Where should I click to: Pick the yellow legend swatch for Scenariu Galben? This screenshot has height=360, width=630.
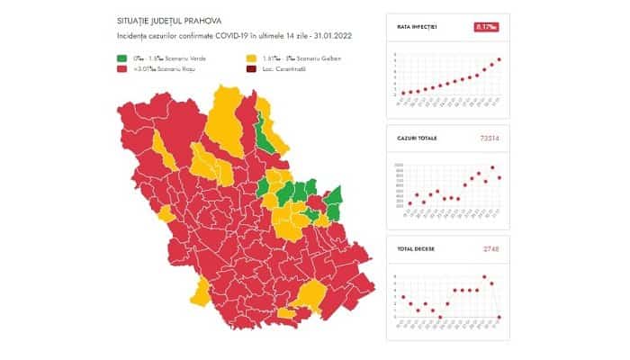click(x=249, y=58)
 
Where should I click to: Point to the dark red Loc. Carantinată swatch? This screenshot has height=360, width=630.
click(x=249, y=68)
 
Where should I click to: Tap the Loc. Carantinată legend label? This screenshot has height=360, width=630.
click(x=282, y=68)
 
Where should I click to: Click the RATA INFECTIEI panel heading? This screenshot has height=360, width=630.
click(x=417, y=27)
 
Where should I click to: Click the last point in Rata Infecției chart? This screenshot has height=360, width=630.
click(x=499, y=59)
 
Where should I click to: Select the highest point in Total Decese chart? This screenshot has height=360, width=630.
click(x=485, y=276)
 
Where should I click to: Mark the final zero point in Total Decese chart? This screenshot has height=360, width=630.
click(x=499, y=317)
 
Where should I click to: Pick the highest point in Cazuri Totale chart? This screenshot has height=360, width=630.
click(x=492, y=168)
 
